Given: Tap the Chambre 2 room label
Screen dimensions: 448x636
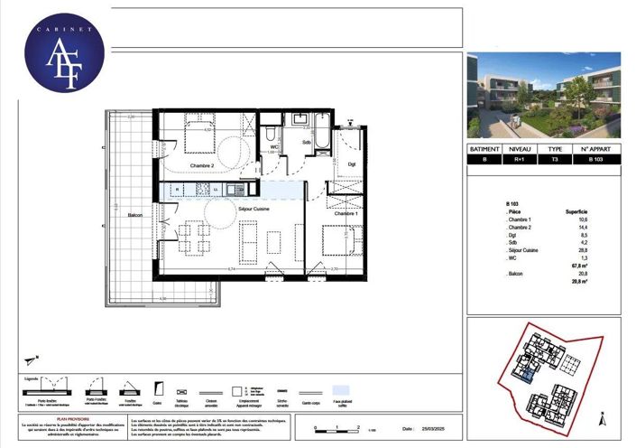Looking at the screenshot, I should tap(201, 166).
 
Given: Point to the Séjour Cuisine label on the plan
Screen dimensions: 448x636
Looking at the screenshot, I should tap(254, 209).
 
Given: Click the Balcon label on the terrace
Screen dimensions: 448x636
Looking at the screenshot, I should tap(135, 215).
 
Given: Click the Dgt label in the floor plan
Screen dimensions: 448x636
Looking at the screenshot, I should tap(352, 163).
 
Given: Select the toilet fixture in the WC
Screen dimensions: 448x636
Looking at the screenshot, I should tap(271, 133).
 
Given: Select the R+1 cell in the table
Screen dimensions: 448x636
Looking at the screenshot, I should tap(522, 160).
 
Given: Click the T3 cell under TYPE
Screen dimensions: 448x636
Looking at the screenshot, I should tap(556, 160).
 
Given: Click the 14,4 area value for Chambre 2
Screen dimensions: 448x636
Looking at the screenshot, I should tap(582, 228).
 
